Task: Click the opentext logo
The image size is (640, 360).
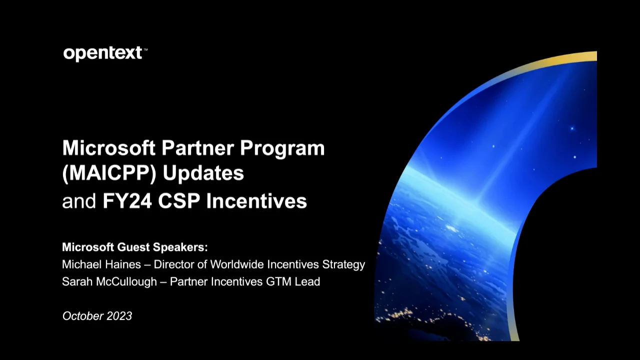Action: point(103,53)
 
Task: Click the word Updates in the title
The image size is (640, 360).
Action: point(203,173)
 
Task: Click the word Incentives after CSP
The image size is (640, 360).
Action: point(256,201)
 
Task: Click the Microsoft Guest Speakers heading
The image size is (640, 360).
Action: point(134,247)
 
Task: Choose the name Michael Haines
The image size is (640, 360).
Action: point(101,264)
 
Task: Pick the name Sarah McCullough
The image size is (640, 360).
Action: point(109,281)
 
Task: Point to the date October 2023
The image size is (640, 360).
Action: point(97,316)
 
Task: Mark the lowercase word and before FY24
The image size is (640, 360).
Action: point(79,201)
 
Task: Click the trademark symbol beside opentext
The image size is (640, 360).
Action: point(145,49)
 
